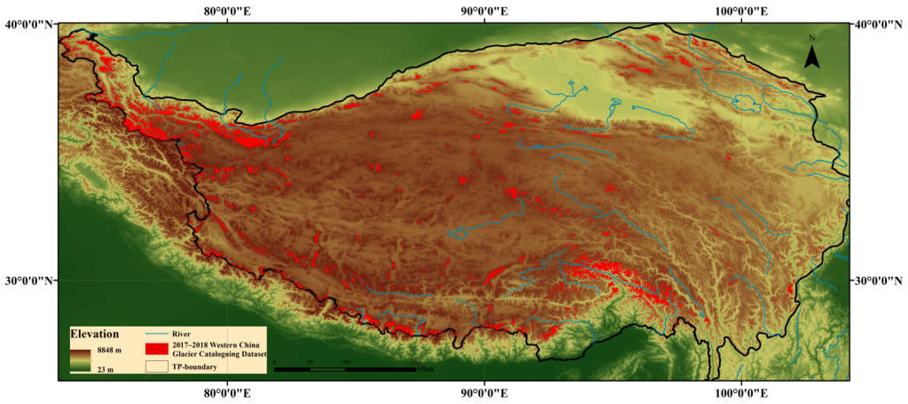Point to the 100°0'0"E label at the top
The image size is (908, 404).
pos(741,11)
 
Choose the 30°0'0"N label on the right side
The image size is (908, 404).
pos(878,281)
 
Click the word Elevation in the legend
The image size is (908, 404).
pos(94,334)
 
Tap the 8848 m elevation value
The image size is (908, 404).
pos(109,350)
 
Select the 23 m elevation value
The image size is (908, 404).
pos(105,369)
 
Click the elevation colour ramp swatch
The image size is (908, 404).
pos(80,360)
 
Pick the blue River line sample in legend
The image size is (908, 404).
pos(157,333)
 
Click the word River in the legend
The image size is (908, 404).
pos(181,334)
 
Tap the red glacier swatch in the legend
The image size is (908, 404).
pos(157,349)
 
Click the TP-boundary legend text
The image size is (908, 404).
pos(194,367)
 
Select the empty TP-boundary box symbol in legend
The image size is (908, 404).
pos(157,366)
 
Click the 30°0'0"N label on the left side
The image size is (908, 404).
pos(29,281)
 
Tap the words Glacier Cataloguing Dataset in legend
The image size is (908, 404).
pos(219,354)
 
